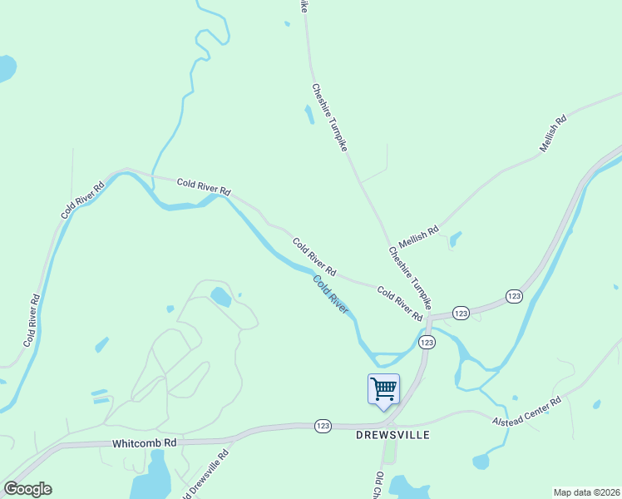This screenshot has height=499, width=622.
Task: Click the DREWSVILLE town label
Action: click(x=393, y=435)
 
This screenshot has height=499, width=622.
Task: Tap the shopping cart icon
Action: click(x=383, y=388)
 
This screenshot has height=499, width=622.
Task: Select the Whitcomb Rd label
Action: click(x=146, y=443)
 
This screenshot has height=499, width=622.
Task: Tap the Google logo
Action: click(x=27, y=489)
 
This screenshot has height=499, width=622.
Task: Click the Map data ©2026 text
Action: click(x=586, y=492)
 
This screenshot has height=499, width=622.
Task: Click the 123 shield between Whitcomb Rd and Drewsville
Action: click(x=323, y=426)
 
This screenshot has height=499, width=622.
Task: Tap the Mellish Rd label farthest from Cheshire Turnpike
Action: click(x=553, y=131)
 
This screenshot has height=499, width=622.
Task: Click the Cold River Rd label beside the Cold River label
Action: click(x=314, y=257)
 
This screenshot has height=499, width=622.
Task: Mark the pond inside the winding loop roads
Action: click(x=221, y=296)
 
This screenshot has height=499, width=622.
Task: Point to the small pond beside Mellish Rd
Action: click(x=454, y=240)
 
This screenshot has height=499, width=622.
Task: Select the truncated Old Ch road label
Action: click(x=378, y=485)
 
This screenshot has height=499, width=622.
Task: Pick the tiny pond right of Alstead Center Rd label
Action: click(x=596, y=405)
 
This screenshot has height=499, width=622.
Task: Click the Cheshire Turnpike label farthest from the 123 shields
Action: click(x=329, y=116)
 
